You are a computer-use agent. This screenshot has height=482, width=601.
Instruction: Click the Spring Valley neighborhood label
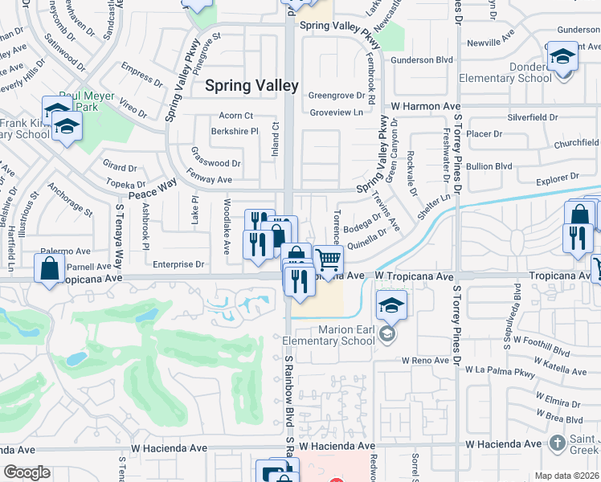[251, 85]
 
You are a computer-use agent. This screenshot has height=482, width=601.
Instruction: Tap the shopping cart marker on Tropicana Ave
[328, 260]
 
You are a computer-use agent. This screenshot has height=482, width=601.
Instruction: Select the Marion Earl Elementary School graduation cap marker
[391, 306]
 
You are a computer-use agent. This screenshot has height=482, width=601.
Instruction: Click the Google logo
[27, 472]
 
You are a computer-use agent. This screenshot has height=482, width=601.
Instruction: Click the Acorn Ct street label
[235, 116]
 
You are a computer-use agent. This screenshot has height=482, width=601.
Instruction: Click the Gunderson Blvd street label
[422, 60]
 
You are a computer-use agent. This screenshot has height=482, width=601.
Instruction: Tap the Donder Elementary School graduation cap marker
[563, 57]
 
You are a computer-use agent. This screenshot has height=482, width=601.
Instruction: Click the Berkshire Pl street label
[234, 131]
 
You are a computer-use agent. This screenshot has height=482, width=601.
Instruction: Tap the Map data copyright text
[567, 476]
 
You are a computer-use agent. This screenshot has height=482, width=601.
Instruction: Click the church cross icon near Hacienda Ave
[557, 443]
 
